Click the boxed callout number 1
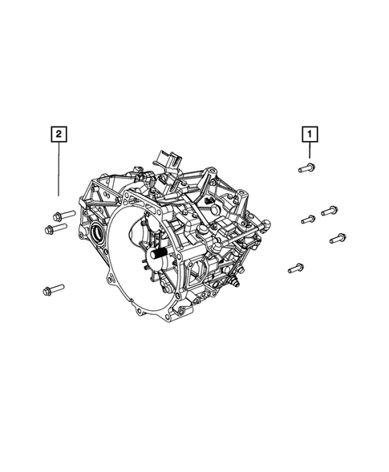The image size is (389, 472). (310, 135)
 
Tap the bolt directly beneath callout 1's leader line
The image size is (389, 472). (306, 167)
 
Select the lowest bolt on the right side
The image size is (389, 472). (296, 268)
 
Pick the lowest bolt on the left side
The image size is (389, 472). (54, 289)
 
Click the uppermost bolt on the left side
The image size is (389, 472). (64, 216)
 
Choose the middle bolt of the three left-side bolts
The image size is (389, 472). (56, 228)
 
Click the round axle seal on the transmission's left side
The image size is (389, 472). (97, 232)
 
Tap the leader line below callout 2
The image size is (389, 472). (59, 169)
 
